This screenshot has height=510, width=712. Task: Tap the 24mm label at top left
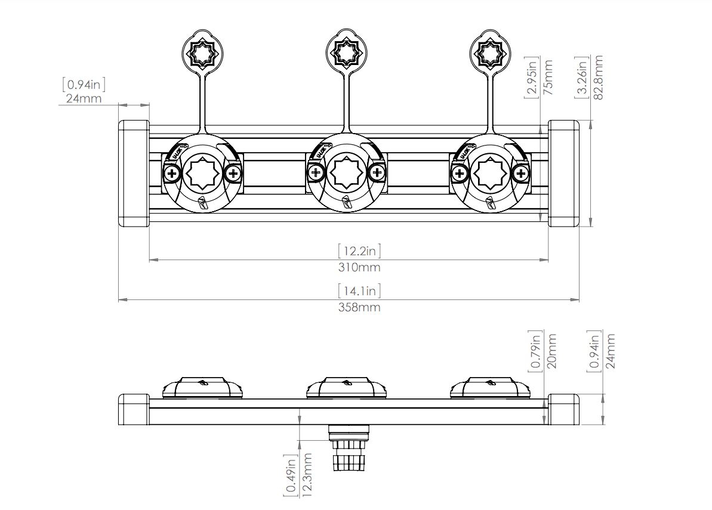tap(84, 98)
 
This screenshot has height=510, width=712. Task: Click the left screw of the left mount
tap(172, 174)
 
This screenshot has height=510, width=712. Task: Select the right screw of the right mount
tap(522, 174)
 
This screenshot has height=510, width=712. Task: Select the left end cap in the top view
tap(134, 174)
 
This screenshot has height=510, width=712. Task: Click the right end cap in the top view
tap(564, 174)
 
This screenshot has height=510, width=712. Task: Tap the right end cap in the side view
tap(564, 410)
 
